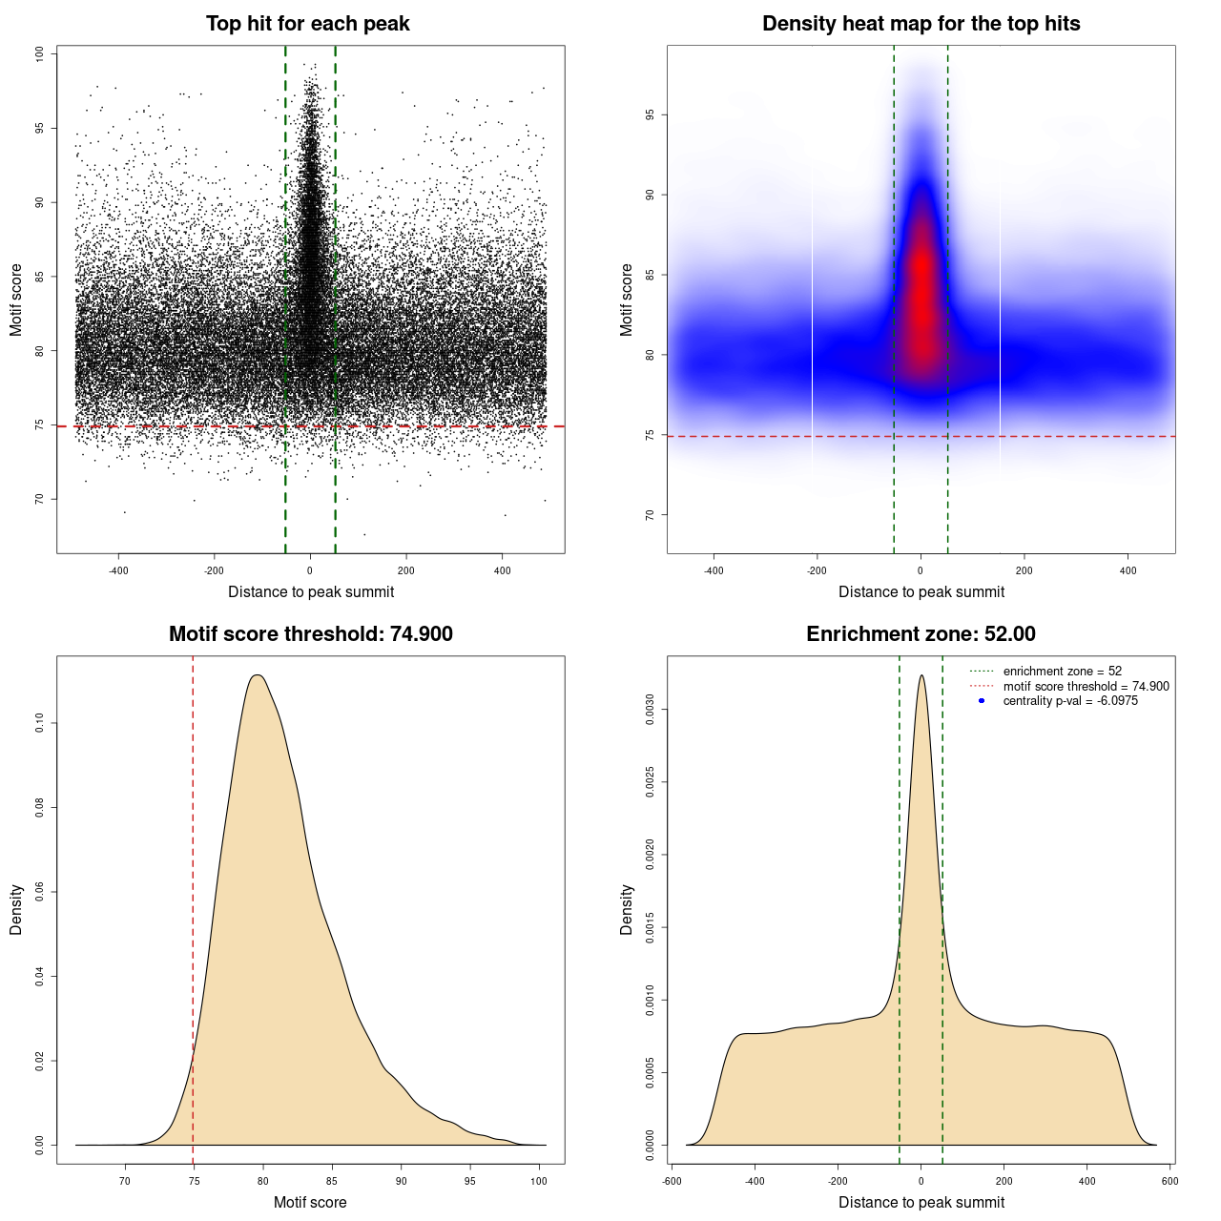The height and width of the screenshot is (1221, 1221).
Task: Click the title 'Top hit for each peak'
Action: point(307,24)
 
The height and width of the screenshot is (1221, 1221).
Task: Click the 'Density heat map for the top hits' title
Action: point(921,24)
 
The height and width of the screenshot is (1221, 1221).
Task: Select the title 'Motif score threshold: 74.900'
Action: point(310,634)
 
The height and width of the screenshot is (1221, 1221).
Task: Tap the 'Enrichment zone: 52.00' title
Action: point(921,634)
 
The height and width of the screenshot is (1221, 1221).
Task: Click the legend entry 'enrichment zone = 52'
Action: point(1062,672)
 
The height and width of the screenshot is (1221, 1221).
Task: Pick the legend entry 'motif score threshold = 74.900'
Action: point(1086,686)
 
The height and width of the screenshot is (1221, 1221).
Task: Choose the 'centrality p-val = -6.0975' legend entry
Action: point(1070,701)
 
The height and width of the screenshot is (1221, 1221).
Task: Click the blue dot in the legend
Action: point(982,701)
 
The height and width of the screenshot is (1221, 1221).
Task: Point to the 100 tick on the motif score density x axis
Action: point(539,1181)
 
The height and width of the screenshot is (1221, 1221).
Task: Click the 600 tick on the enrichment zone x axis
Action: point(1170,1181)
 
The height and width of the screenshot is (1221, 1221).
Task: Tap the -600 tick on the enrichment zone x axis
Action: point(673,1181)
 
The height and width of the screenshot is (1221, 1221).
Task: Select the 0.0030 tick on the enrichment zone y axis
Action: point(651,710)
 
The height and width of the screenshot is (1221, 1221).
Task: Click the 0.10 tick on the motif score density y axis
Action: point(40,724)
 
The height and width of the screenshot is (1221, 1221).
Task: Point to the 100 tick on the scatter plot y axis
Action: point(40,54)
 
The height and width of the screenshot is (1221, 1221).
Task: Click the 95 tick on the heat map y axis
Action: point(651,115)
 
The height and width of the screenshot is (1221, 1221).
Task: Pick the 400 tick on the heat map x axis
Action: point(1128,570)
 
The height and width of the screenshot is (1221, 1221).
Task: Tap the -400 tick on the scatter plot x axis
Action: point(118,570)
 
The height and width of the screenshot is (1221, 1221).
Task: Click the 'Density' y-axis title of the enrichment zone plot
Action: point(627,909)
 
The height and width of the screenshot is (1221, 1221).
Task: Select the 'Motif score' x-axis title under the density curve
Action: point(310,1202)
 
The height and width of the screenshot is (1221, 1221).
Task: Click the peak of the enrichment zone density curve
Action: point(921,675)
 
